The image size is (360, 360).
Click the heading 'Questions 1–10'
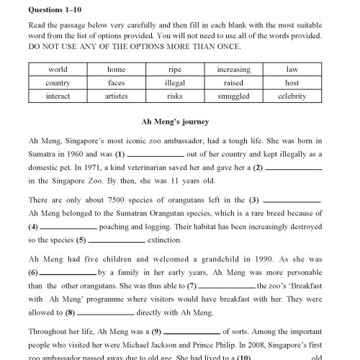click(57, 12)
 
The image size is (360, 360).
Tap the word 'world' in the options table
click(58, 70)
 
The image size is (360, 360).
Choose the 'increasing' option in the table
click(233, 70)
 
